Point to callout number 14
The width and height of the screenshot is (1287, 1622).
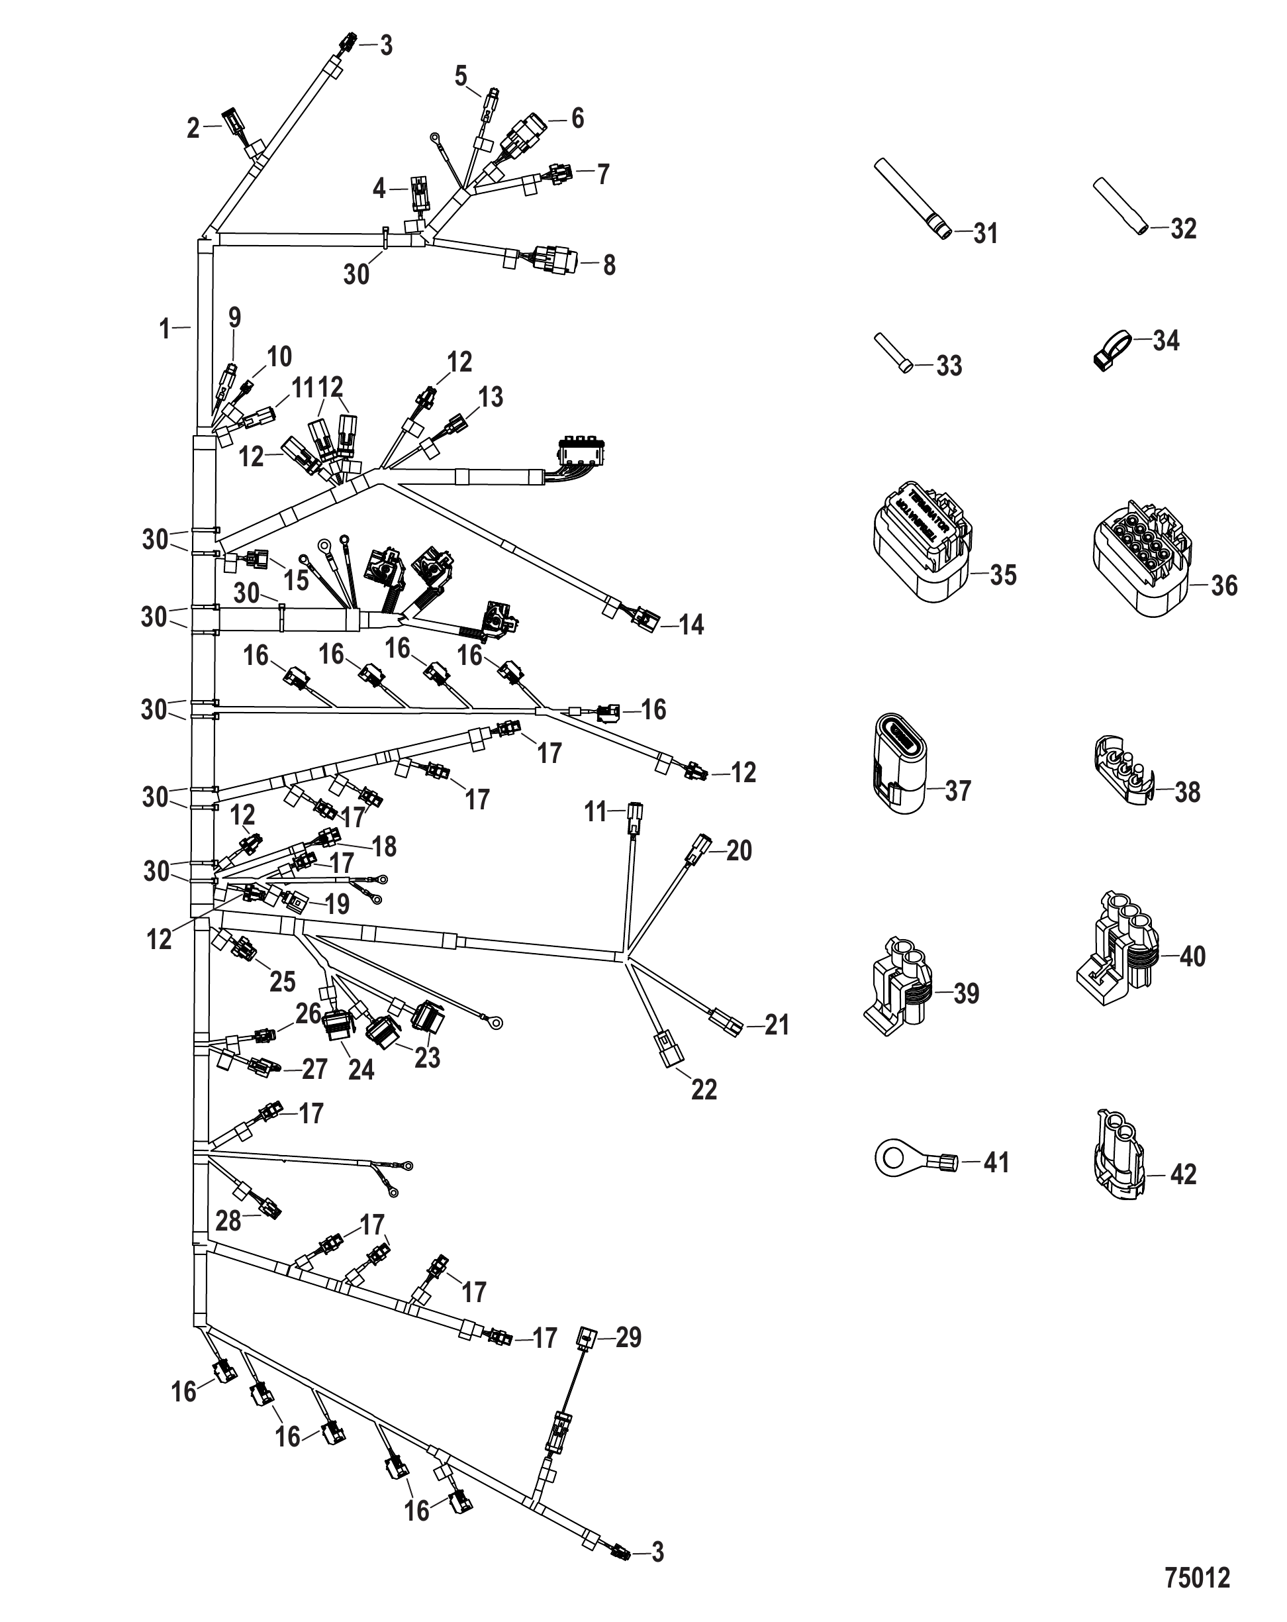click(691, 625)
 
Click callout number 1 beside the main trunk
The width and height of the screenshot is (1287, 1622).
click(165, 329)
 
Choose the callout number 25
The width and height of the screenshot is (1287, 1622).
click(283, 981)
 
